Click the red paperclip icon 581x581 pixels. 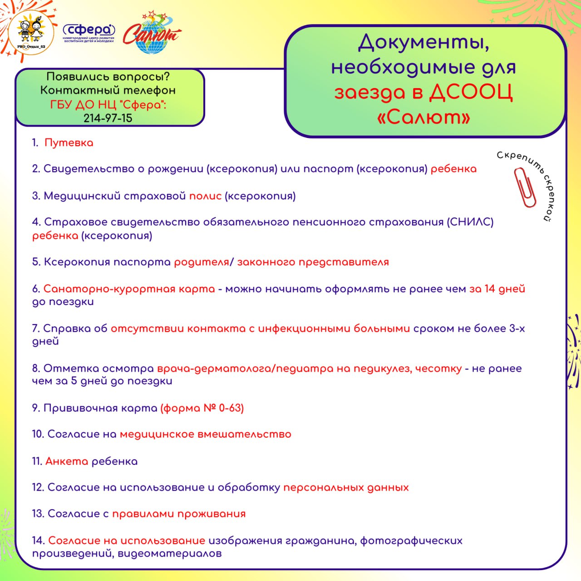tap(525, 187)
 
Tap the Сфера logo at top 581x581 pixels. tap(89, 33)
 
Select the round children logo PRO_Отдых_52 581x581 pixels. tap(31, 32)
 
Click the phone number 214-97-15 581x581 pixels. tap(108, 118)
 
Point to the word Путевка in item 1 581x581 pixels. tap(69, 143)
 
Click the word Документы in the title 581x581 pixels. tap(423, 43)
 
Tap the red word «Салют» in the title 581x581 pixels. tap(423, 117)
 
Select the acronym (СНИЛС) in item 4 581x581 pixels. tap(470, 222)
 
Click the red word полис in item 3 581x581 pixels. tap(205, 196)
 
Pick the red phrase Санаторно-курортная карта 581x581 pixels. tap(129, 289)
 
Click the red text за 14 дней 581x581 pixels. tap(497, 289)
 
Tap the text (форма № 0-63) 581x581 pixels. tap(202, 408)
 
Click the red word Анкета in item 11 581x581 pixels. tap(67, 461)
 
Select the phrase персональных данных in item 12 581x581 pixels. tap(346, 487)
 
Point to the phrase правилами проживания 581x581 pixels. tap(179, 514)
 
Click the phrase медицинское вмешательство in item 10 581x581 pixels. tap(205, 434)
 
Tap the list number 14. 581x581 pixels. tap(38, 540)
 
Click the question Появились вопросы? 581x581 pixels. tap(108, 77)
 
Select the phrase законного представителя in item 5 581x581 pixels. tap(313, 262)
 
